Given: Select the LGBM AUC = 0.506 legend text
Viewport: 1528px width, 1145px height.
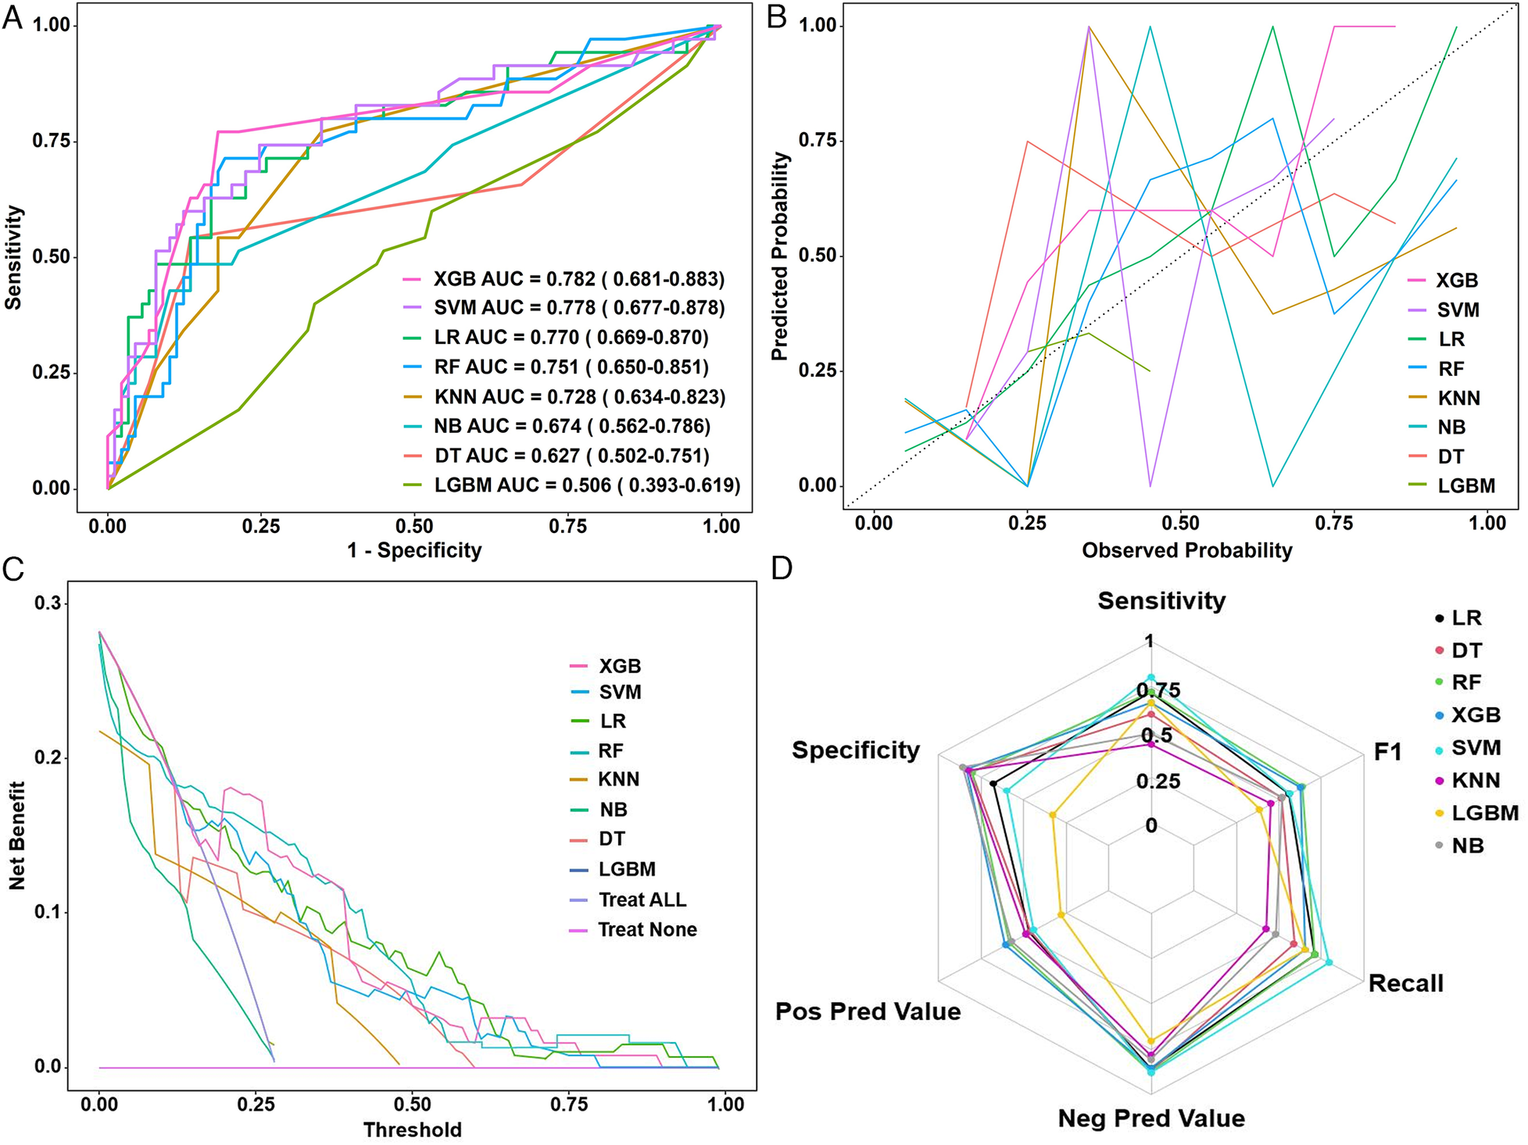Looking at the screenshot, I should (586, 485).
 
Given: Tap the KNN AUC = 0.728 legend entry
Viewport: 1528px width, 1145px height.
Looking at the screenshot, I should (579, 397).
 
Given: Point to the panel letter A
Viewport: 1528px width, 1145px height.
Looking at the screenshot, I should (13, 17).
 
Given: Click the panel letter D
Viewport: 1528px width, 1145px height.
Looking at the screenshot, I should (781, 568).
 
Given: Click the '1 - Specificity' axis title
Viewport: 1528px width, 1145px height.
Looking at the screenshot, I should (414, 550).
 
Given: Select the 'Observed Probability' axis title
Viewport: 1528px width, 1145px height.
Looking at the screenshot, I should (1186, 550).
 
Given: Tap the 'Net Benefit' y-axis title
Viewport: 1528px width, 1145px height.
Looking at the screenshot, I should (17, 835).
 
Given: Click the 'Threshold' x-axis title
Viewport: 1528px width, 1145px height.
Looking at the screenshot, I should (412, 1129).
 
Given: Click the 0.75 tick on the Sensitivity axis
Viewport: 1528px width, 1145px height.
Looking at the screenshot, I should (51, 141).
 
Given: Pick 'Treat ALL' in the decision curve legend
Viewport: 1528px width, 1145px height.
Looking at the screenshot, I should (642, 900).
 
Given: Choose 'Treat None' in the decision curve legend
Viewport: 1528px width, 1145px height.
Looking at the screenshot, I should (647, 929).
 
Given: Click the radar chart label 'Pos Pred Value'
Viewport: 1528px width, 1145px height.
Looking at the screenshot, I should (868, 1011).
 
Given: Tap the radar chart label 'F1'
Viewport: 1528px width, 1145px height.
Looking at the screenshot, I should (1387, 752).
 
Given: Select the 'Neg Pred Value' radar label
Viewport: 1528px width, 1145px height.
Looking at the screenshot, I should (1151, 1118).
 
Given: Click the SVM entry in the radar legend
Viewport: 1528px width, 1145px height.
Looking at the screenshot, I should (1476, 748).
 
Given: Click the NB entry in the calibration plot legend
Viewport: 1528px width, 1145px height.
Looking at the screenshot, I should (1451, 427).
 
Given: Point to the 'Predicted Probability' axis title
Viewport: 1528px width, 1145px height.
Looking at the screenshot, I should (780, 256).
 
